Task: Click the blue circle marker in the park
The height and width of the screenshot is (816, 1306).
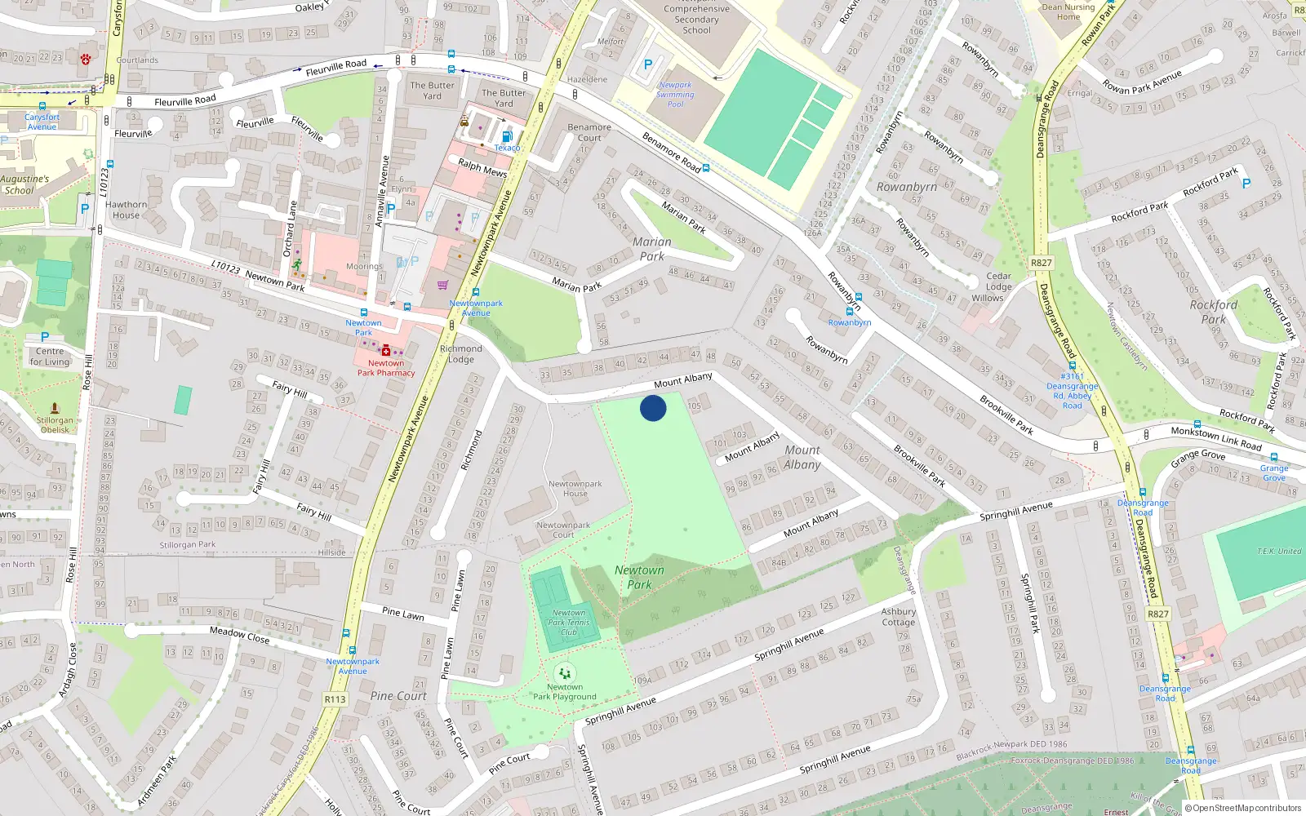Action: [653, 408]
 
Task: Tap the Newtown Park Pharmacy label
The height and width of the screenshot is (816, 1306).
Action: [386, 368]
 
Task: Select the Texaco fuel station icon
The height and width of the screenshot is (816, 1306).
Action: [507, 137]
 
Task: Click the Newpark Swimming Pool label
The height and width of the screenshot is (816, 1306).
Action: [675, 95]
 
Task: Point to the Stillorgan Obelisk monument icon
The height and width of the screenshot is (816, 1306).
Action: [55, 408]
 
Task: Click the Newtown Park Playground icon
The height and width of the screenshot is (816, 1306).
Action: [564, 674]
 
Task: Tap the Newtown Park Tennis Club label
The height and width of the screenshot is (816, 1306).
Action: [569, 623]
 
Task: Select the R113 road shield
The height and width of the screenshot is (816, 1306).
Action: [335, 699]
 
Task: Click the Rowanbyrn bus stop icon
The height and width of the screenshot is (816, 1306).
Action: [850, 311]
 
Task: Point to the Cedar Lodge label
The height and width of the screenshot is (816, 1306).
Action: [998, 282]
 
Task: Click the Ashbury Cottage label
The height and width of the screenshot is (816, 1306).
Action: [898, 617]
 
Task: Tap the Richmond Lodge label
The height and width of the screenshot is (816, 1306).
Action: [460, 354]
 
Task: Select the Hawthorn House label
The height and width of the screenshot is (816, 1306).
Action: [126, 211]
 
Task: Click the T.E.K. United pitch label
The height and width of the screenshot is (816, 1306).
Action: [1278, 552]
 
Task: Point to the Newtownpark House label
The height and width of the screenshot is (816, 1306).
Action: [575, 489]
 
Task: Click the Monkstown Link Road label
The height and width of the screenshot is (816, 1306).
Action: [1215, 438]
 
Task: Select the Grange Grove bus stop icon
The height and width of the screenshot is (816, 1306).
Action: [1273, 458]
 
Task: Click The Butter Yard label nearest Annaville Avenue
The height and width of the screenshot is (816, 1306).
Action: [432, 91]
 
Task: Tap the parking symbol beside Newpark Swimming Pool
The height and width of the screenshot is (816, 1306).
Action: [649, 64]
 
